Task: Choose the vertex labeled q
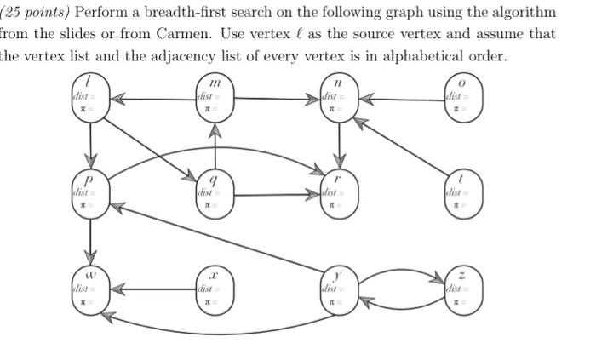(215, 191)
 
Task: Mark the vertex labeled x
(215, 288)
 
